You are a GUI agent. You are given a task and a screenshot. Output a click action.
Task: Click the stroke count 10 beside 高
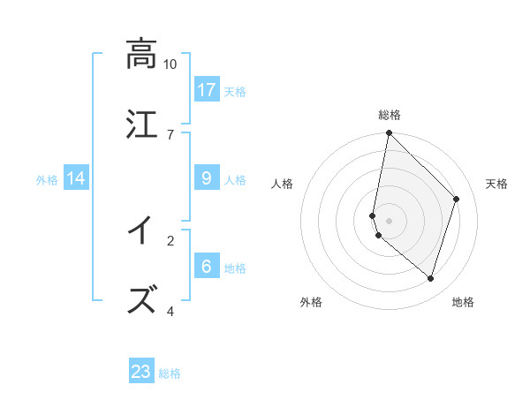coord(170,64)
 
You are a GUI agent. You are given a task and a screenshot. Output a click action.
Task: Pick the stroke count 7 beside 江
coord(170,134)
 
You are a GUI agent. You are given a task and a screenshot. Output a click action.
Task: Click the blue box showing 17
coord(207,90)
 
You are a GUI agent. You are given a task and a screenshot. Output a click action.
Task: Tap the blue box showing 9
coord(207,178)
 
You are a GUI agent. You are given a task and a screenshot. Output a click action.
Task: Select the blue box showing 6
coord(207,267)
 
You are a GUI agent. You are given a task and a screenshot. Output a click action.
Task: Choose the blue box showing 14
coord(76,178)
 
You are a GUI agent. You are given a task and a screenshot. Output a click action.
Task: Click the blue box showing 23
coord(141,372)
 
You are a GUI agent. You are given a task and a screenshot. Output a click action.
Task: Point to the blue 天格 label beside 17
coord(235,92)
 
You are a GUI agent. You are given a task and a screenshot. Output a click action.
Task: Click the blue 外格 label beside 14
coord(47,180)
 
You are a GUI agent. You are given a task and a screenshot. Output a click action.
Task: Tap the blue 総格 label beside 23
coord(170,373)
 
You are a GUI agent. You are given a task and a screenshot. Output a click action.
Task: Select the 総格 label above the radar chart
coord(389,116)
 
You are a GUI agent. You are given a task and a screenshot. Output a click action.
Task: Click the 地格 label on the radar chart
coord(463,303)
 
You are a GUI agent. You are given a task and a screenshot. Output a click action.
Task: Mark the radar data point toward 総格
coord(389,133)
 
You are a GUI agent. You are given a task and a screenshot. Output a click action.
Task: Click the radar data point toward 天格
coord(457,199)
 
